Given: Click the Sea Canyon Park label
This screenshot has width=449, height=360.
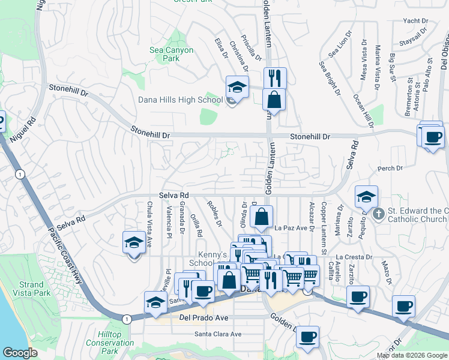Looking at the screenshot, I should click(x=172, y=55).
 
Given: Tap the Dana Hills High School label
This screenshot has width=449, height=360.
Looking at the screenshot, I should click(x=181, y=100).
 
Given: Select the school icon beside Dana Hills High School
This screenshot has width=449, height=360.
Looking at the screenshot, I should click(x=237, y=88).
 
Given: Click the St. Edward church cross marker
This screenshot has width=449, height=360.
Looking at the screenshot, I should click(x=378, y=214).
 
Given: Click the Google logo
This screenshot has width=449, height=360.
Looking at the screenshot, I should click(x=20, y=353).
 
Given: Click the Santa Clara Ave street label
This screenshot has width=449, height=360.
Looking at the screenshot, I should click(x=217, y=334).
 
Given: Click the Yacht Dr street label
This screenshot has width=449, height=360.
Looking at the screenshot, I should click(x=415, y=20).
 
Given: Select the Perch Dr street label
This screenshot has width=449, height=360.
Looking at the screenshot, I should click(x=390, y=169).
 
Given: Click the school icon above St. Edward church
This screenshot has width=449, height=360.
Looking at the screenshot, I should click(x=366, y=197).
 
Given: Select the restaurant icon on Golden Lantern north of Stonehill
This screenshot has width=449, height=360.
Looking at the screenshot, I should click(x=275, y=78).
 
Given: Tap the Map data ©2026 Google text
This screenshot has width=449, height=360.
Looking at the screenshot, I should click(x=412, y=355).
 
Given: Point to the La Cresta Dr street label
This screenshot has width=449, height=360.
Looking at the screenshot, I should click(x=354, y=257).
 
